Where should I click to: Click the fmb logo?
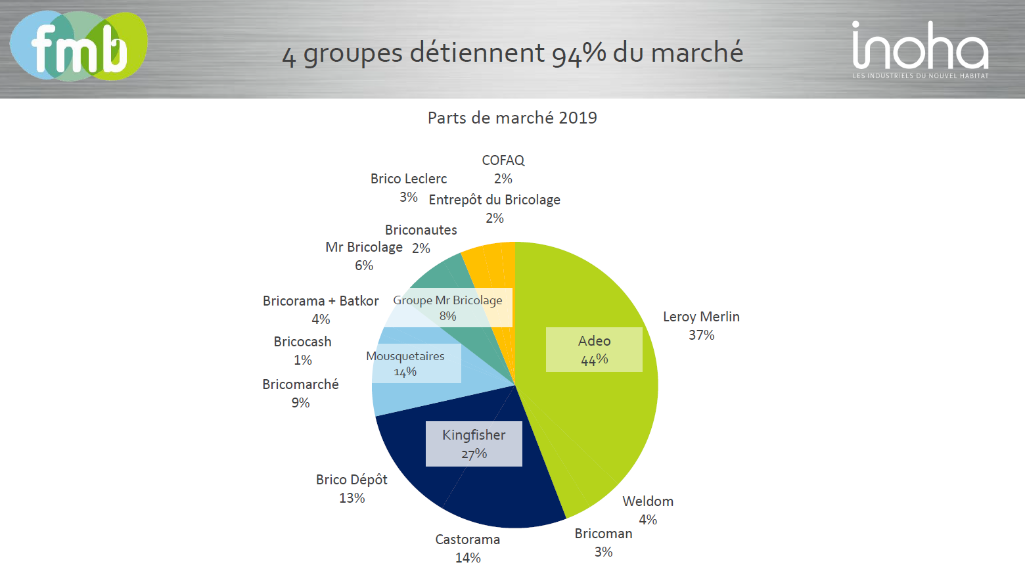pyautogui.click(x=79, y=46)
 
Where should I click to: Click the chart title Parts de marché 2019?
pyautogui.click(x=512, y=118)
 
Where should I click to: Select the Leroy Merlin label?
pyautogui.click(x=701, y=317)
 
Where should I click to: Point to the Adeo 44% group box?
pyautogui.click(x=594, y=350)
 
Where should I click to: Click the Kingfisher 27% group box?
pyautogui.click(x=474, y=444)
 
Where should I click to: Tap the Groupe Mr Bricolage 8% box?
pyautogui.click(x=447, y=308)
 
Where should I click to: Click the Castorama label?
pyautogui.click(x=467, y=540)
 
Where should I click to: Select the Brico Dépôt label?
pyautogui.click(x=352, y=480)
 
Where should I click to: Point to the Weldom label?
pyautogui.click(x=648, y=502)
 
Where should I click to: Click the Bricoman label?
pyautogui.click(x=603, y=534)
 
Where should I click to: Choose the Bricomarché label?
pyautogui.click(x=300, y=385)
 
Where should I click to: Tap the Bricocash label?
pyautogui.click(x=302, y=342)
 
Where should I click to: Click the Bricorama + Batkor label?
pyautogui.click(x=321, y=302)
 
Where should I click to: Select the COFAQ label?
pyautogui.click(x=503, y=161)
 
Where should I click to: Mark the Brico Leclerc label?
pyautogui.click(x=408, y=179)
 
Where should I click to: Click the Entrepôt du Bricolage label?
pyautogui.click(x=494, y=200)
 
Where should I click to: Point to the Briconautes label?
pyautogui.click(x=421, y=231)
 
